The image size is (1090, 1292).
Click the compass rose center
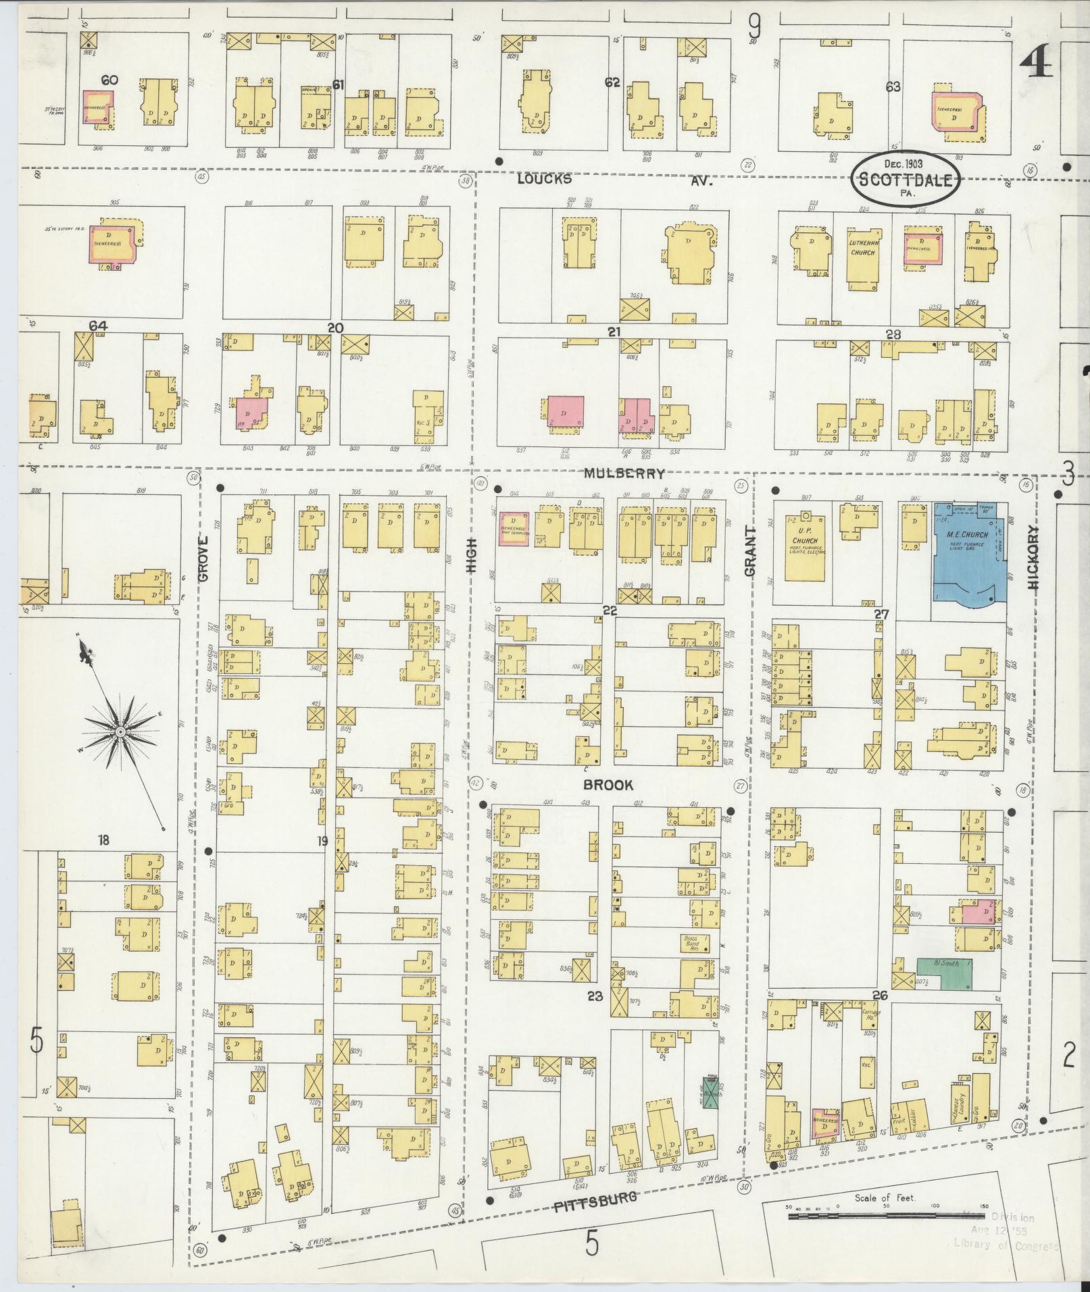[120, 732]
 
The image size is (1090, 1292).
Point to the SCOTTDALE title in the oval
[904, 180]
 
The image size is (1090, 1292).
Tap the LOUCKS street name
[545, 179]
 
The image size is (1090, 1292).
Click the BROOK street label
[608, 785]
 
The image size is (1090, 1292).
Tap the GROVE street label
[203, 559]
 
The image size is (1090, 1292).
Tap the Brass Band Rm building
[693, 943]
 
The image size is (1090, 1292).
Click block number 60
[109, 80]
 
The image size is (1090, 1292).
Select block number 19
[322, 841]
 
